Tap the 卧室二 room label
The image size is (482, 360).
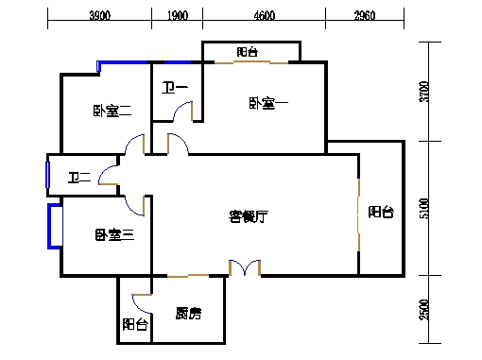(x=111, y=111)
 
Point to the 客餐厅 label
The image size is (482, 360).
(x=250, y=216)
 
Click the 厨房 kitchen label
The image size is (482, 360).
(x=186, y=314)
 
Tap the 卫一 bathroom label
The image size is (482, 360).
(x=175, y=89)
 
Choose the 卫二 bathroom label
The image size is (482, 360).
(x=79, y=177)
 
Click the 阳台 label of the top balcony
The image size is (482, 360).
(x=250, y=53)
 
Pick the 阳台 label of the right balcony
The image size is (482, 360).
(x=381, y=213)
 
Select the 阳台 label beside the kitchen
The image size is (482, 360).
(x=135, y=325)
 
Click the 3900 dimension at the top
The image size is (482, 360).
(x=99, y=15)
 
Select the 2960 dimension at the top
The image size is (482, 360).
(x=365, y=15)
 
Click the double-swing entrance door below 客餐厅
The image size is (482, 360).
(x=245, y=269)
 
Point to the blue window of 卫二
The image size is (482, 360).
(x=47, y=176)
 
